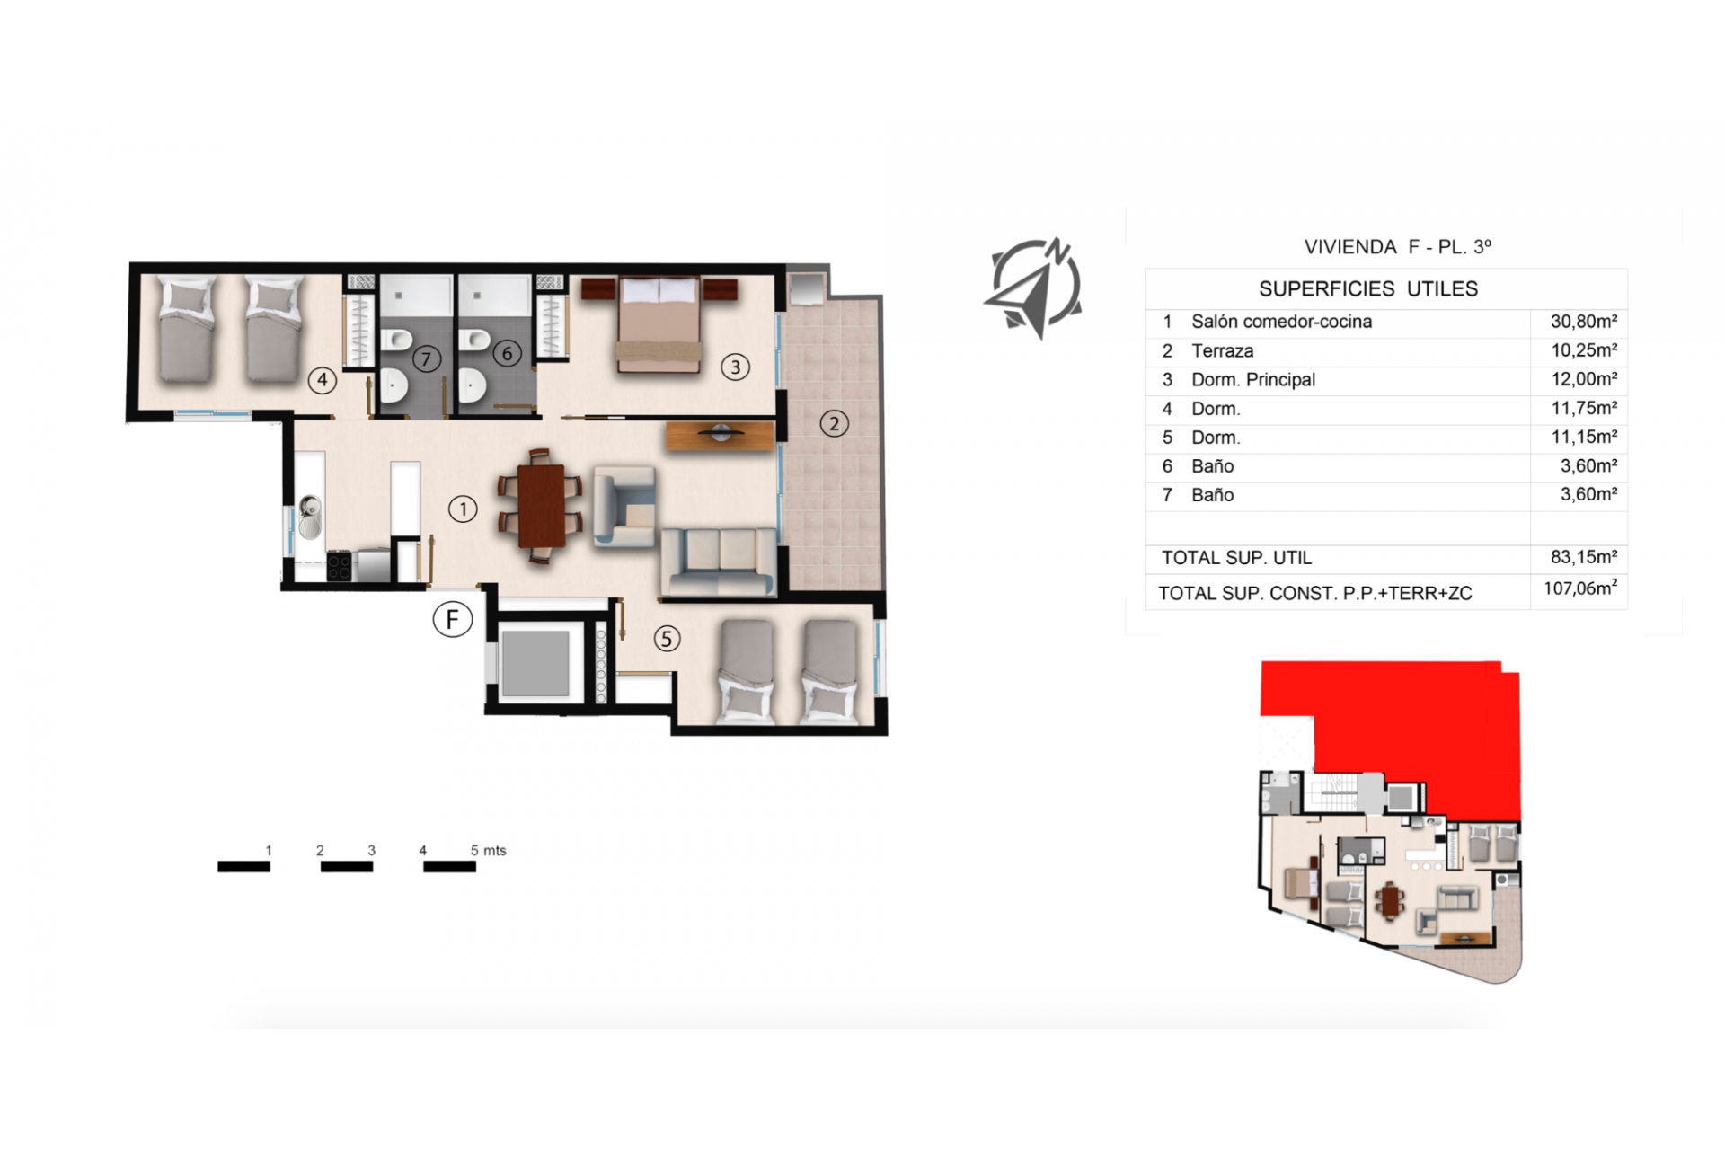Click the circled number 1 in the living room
463,509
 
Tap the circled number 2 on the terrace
834,423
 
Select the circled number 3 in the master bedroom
735,367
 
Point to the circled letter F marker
453,619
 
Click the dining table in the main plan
541,506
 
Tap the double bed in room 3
659,323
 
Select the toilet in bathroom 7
396,341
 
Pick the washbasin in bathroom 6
471,387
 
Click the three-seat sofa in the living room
719,562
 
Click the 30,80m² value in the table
1584,321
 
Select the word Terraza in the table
1222,350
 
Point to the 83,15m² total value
1584,557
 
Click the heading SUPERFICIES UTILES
1368,288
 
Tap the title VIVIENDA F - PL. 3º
1398,246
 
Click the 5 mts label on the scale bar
489,850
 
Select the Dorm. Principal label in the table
1253,379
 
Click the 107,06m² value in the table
1581,588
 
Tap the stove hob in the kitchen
339,565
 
